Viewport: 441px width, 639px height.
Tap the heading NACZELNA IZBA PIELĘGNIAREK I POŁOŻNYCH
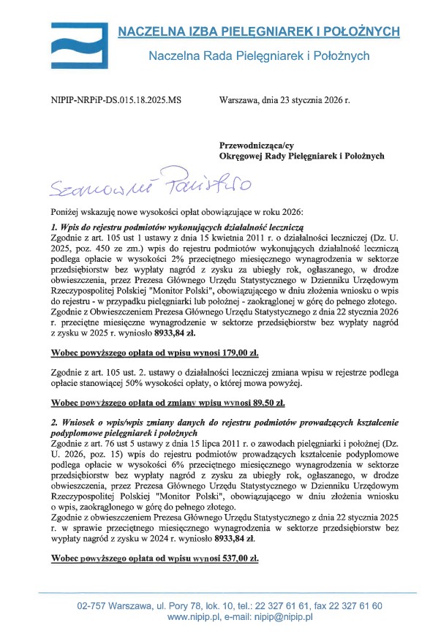(x=259, y=31)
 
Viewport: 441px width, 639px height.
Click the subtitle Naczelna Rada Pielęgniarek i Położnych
(x=259, y=56)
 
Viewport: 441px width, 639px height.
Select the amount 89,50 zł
(x=263, y=402)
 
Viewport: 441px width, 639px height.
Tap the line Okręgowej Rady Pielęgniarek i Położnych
(x=302, y=155)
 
